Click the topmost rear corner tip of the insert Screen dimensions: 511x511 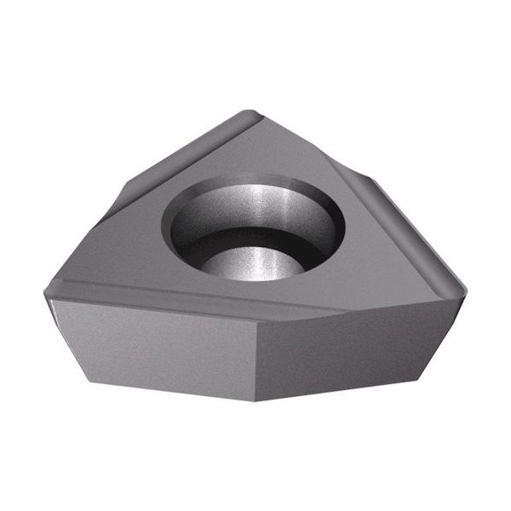(x=248, y=112)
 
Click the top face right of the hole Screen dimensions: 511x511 (x=375, y=264)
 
